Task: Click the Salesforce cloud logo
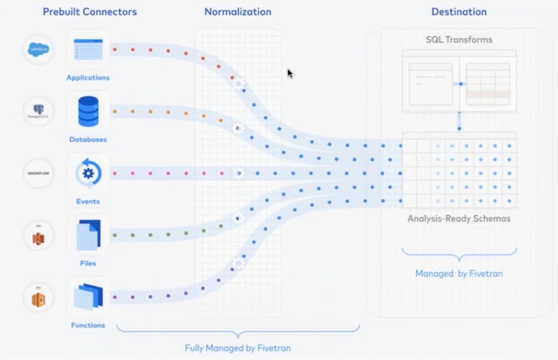pyautogui.click(x=39, y=50)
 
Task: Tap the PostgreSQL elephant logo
pyautogui.click(x=39, y=112)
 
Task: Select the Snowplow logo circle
pyautogui.click(x=39, y=174)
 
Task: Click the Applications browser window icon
pyautogui.click(x=88, y=50)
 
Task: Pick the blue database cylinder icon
pyautogui.click(x=88, y=111)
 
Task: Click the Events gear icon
pyautogui.click(x=88, y=173)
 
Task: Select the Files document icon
pyautogui.click(x=88, y=235)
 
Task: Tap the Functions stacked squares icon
pyautogui.click(x=88, y=297)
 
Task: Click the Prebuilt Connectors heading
pyautogui.click(x=90, y=12)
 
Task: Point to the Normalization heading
pyautogui.click(x=237, y=12)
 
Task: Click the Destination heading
pyautogui.click(x=459, y=12)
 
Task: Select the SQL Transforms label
pyautogui.click(x=459, y=40)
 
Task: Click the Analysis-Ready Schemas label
pyautogui.click(x=459, y=219)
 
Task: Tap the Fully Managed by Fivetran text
pyautogui.click(x=237, y=348)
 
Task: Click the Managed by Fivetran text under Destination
pyautogui.click(x=459, y=274)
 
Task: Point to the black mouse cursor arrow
pyautogui.click(x=290, y=74)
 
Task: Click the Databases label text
pyautogui.click(x=88, y=139)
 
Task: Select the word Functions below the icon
pyautogui.click(x=88, y=325)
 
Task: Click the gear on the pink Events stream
pyautogui.click(x=238, y=173)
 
